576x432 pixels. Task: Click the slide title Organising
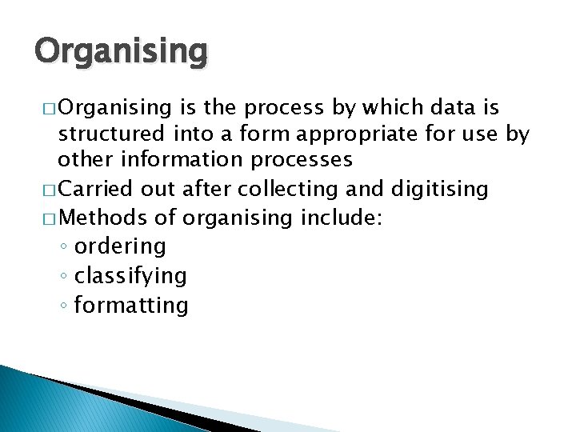click(121, 52)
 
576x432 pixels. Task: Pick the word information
click(176, 159)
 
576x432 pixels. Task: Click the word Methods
click(102, 218)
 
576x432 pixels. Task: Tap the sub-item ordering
click(120, 246)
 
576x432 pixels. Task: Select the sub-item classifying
click(130, 276)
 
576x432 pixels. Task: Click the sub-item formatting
click(131, 305)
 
